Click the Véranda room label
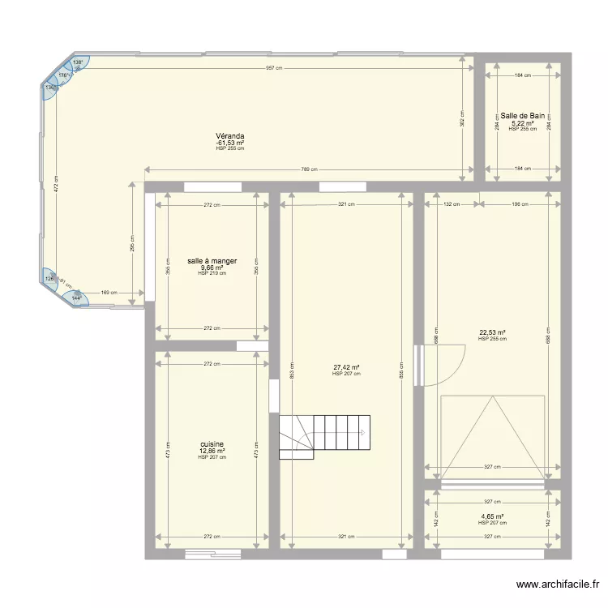point(230,136)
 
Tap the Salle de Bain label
point(523,116)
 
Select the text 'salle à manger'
point(212,261)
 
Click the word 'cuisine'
point(212,445)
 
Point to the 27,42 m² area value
point(346,367)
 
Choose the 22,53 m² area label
point(492,332)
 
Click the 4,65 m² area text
point(492,516)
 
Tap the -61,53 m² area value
point(230,143)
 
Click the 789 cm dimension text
point(309,169)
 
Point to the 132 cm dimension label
point(452,204)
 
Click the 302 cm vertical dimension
point(462,118)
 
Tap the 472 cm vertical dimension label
point(56,182)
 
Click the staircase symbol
point(324,436)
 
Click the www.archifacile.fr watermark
point(558,584)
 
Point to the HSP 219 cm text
point(212,273)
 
